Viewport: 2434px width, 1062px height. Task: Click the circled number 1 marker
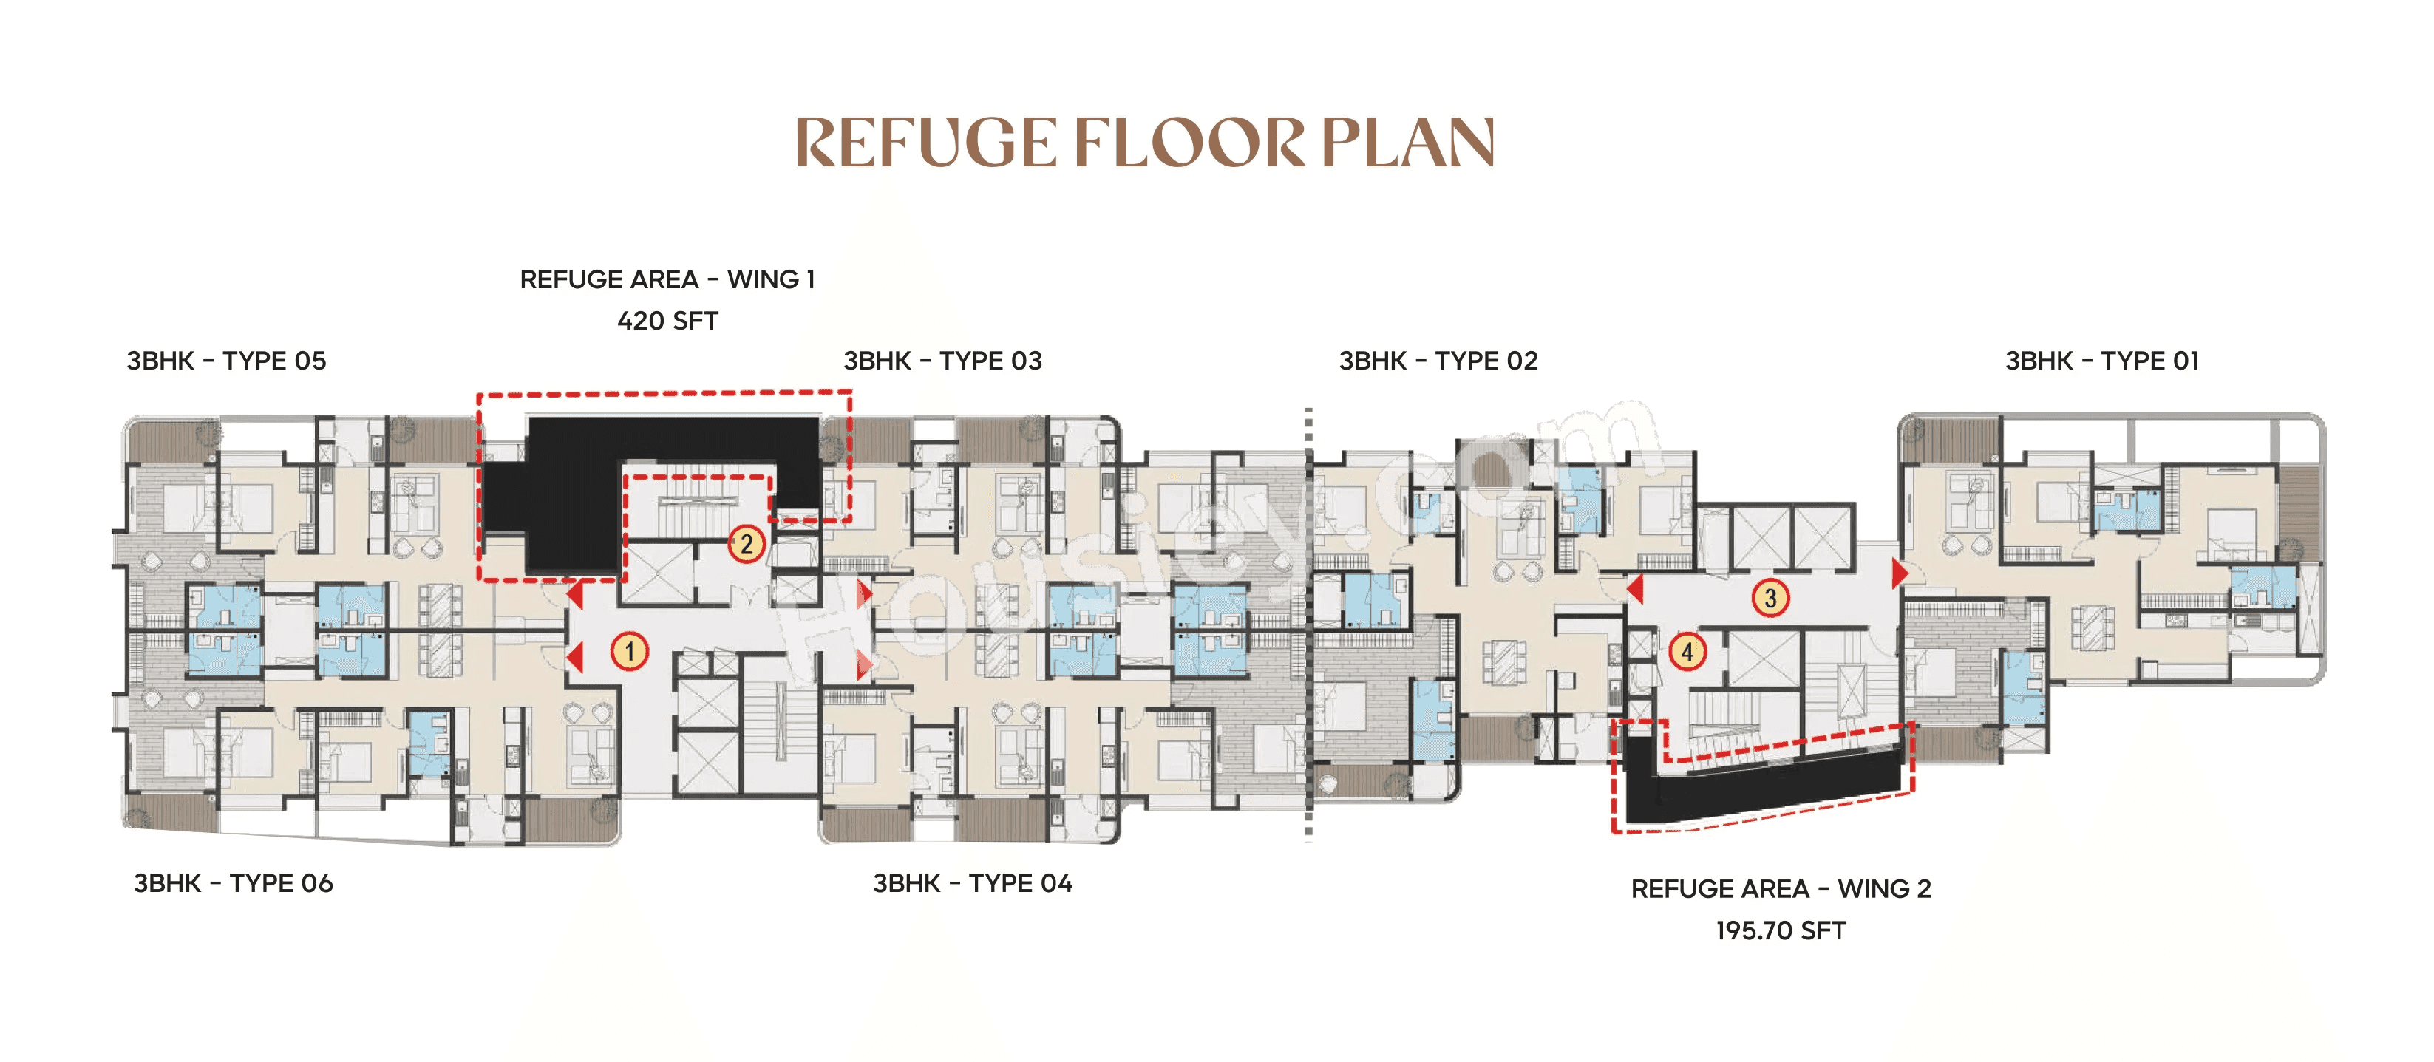[x=629, y=651]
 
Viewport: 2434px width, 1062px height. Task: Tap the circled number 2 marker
[x=747, y=543]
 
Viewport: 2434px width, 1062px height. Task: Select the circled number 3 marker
[x=1770, y=597]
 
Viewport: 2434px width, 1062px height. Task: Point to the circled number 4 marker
[x=1687, y=651]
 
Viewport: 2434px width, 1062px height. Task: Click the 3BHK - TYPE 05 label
[x=226, y=361]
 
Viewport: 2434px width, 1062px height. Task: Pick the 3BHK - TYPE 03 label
[x=942, y=361]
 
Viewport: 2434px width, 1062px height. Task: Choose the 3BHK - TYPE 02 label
[x=1438, y=361]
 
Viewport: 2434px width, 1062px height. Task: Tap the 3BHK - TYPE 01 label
[x=2101, y=361]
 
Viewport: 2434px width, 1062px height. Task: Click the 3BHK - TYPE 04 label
[x=972, y=883]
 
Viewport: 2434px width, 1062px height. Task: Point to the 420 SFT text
[x=667, y=321]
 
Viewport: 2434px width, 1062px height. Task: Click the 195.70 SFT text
[x=1780, y=930]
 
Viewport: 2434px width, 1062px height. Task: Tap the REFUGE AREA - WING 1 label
[x=667, y=279]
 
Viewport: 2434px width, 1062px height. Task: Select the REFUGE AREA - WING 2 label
[x=1780, y=889]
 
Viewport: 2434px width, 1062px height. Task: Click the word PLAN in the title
[x=1408, y=143]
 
